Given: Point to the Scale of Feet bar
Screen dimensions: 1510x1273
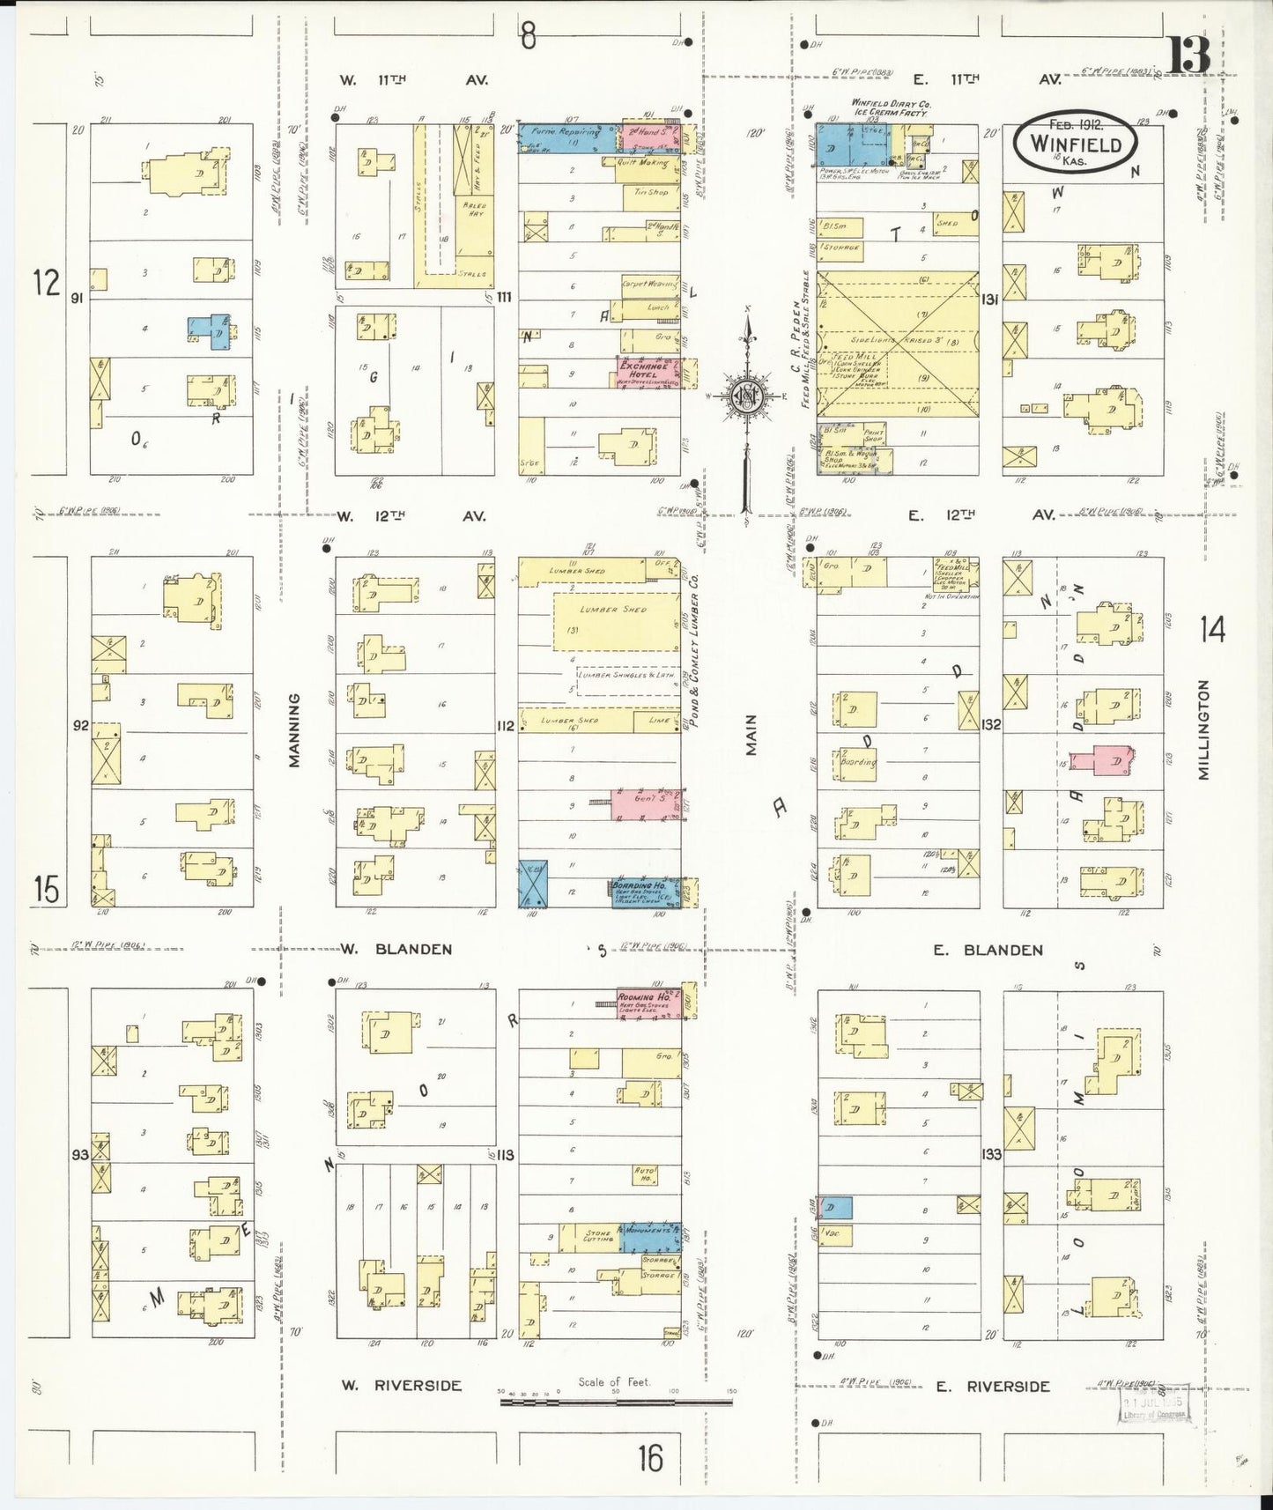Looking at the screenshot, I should [617, 1400].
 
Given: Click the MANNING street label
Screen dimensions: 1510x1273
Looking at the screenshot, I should [294, 729].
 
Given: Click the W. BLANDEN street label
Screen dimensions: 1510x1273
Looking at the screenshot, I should [396, 950].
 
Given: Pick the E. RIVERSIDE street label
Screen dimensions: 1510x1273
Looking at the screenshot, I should [993, 1386].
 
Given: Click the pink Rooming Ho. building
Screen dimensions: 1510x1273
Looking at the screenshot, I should [649, 1004].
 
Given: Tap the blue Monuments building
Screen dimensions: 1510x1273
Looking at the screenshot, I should [650, 1237].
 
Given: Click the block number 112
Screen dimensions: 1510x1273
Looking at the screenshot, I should [505, 726].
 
